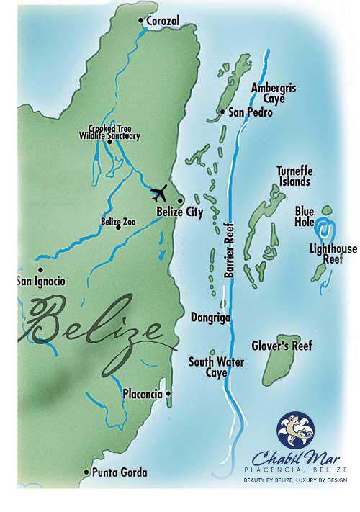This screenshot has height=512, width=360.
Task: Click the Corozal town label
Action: click(162, 22)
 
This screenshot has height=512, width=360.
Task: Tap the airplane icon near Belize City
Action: click(159, 193)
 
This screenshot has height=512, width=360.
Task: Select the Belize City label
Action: click(180, 212)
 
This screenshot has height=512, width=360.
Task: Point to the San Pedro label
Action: click(248, 113)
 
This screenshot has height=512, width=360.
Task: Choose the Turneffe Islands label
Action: click(294, 176)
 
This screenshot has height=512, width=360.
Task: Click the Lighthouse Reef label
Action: click(333, 254)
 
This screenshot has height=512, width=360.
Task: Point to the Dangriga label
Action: click(210, 315)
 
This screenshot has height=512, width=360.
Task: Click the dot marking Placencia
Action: click(168, 394)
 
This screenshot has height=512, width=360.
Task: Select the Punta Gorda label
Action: click(120, 473)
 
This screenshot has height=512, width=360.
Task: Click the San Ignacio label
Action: click(41, 281)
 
